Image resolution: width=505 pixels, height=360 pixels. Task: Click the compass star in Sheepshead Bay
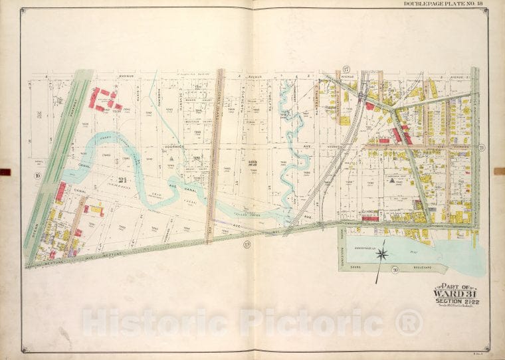(381, 253)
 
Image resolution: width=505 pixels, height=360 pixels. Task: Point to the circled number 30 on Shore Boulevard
(395, 269)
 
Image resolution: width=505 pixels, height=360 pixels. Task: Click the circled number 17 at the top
(346, 69)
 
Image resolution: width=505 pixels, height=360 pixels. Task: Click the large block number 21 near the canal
(122, 181)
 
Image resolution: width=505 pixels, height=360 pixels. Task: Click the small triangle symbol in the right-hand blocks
(391, 180)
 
